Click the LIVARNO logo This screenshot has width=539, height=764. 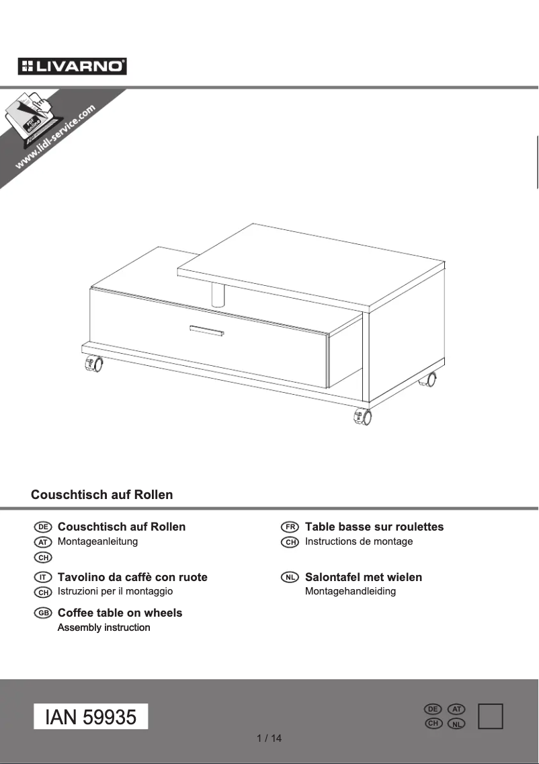click(73, 66)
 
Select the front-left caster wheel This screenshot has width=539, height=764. click(93, 365)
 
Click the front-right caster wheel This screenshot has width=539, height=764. click(362, 417)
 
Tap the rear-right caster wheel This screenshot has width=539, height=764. click(427, 380)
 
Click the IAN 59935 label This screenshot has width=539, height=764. click(91, 717)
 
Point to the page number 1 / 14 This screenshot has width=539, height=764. click(269, 738)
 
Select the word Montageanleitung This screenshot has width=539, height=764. click(97, 541)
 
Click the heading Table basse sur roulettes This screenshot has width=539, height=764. click(374, 527)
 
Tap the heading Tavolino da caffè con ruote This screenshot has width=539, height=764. click(132, 577)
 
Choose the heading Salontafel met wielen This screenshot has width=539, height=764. click(364, 577)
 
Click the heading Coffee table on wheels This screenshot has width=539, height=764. click(120, 613)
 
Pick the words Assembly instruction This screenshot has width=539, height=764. click(103, 627)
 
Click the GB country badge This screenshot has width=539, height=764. click(43, 613)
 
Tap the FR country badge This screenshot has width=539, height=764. click(290, 527)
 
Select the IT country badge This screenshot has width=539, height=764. click(43, 578)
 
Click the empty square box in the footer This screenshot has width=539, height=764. click(491, 716)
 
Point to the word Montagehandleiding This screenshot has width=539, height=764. click(350, 591)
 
